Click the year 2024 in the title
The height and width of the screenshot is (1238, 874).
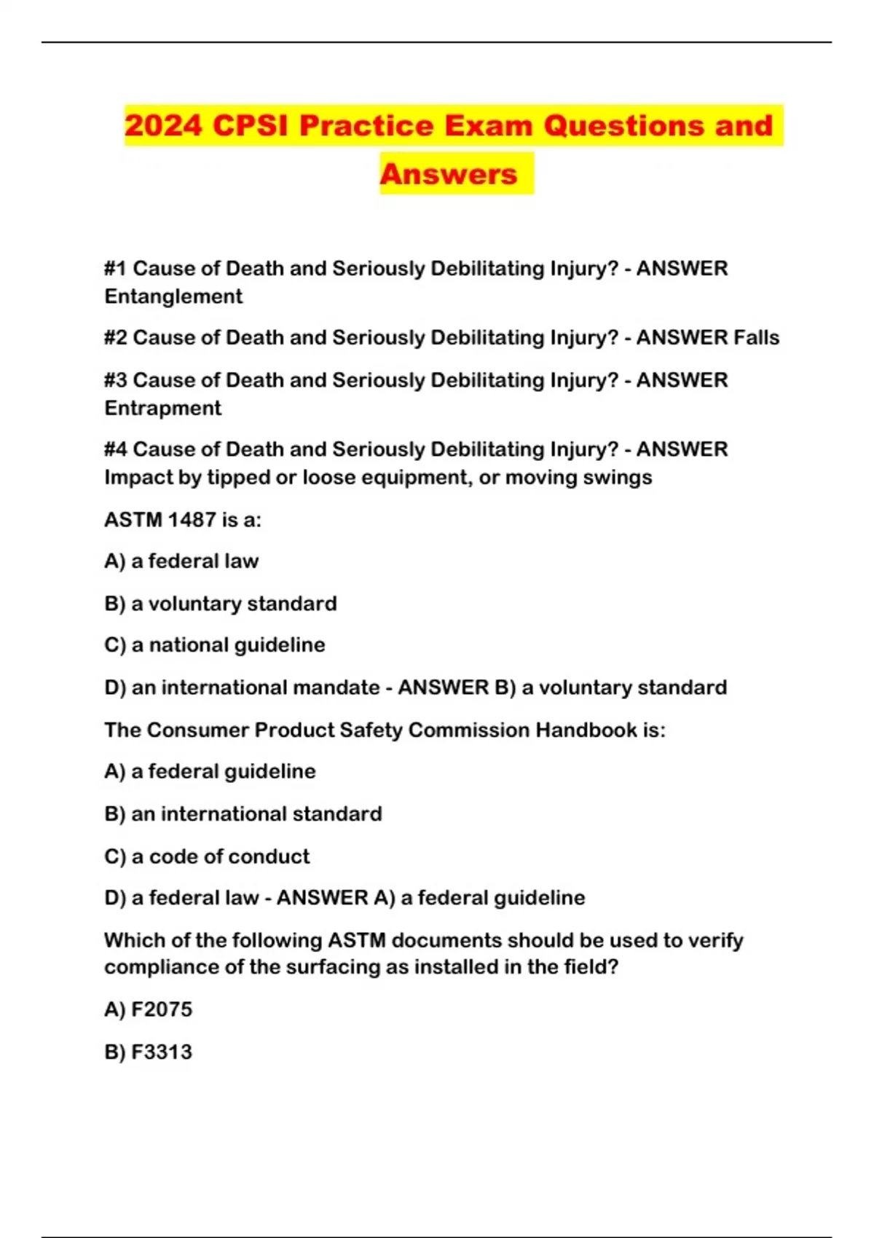click(x=163, y=125)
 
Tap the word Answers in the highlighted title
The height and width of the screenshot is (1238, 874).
click(x=449, y=174)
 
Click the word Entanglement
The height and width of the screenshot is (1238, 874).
click(x=173, y=296)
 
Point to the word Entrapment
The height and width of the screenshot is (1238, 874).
click(x=162, y=408)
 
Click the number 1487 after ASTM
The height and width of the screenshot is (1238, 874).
click(x=192, y=520)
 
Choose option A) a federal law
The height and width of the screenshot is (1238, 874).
click(x=181, y=561)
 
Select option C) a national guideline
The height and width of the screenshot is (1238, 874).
click(x=215, y=645)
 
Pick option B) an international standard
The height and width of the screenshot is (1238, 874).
click(x=243, y=813)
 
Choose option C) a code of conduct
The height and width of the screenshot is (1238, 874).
click(x=207, y=856)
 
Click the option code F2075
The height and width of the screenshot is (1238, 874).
click(x=162, y=1009)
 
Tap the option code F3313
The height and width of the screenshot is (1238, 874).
click(x=162, y=1052)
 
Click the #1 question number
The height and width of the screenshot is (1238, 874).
click(x=115, y=269)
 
